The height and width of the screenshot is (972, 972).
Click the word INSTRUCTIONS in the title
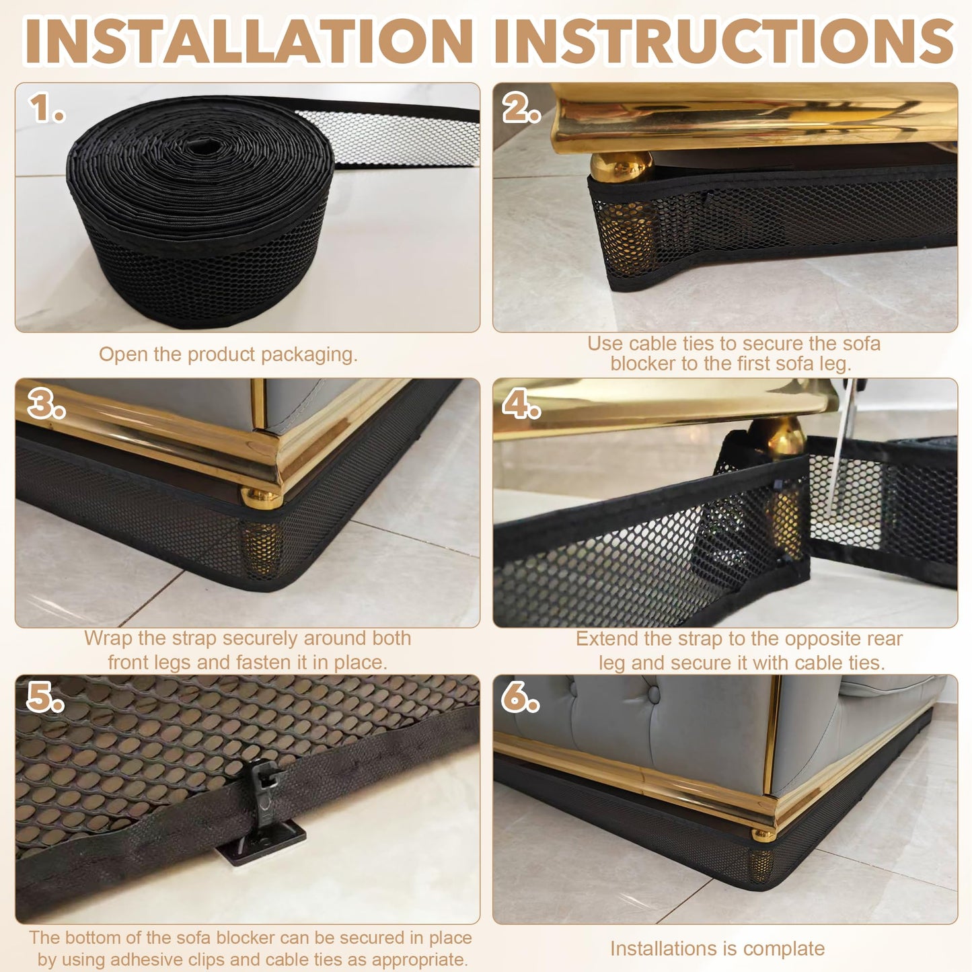pyautogui.click(x=724, y=41)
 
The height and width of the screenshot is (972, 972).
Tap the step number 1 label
pyautogui.click(x=47, y=108)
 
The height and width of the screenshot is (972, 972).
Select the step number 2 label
pyautogui.click(x=521, y=108)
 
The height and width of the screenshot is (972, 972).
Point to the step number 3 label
pyautogui.click(x=46, y=404)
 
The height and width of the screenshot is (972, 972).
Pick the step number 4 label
pyautogui.click(x=521, y=404)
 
